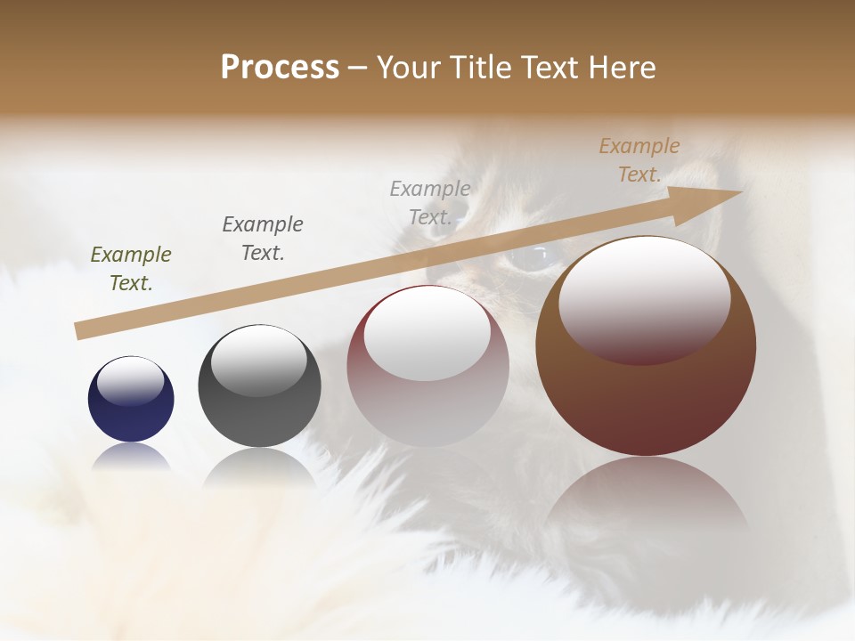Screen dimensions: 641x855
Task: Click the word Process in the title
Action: pyautogui.click(x=280, y=67)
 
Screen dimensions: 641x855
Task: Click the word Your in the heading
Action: pyautogui.click(x=409, y=68)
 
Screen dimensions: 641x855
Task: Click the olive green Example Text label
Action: pyautogui.click(x=131, y=268)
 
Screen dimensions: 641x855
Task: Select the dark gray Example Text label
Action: pyautogui.click(x=263, y=238)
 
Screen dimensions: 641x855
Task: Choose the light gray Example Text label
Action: pyautogui.click(x=430, y=202)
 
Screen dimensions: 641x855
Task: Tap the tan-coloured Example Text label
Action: pyautogui.click(x=639, y=160)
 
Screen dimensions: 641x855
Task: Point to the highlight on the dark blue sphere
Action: pyautogui.click(x=130, y=381)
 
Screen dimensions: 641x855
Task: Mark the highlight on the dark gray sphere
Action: pyautogui.click(x=258, y=360)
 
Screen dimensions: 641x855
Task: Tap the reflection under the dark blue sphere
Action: pyautogui.click(x=131, y=457)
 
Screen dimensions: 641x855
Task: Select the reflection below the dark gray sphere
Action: pyautogui.click(x=259, y=467)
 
